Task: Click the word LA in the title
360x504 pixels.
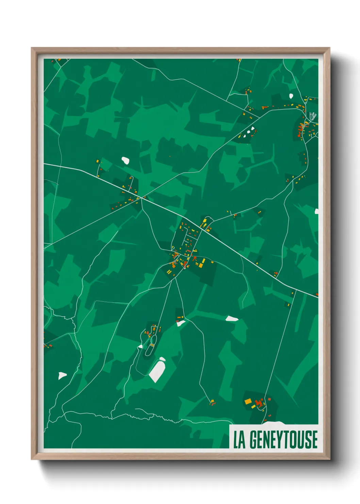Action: [x=239, y=440]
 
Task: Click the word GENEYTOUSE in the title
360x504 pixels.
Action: [x=283, y=440]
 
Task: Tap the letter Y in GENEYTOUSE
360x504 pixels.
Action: [x=279, y=440]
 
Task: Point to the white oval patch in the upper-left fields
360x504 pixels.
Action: [x=126, y=160]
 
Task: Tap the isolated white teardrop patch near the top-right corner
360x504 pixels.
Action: [x=291, y=96]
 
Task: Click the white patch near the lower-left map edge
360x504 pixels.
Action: [x=62, y=376]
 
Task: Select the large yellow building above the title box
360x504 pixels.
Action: [x=248, y=401]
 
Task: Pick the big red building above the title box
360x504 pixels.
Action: [x=259, y=404]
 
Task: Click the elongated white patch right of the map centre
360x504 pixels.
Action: [x=232, y=319]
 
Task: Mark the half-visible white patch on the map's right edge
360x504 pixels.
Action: [x=316, y=211]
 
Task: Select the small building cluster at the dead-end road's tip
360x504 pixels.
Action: [x=212, y=402]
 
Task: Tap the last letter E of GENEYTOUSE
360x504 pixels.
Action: [x=314, y=440]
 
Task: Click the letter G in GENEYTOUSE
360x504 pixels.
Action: [x=253, y=440]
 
